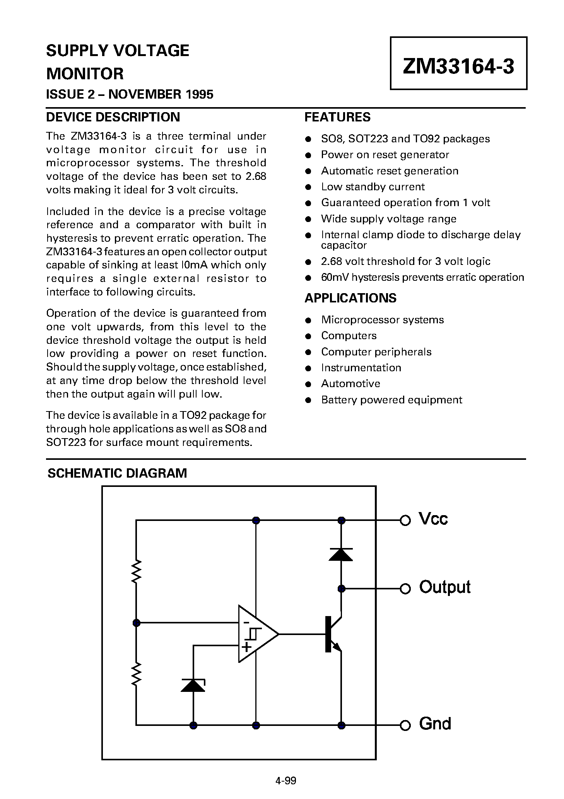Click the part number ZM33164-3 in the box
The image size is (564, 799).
(458, 66)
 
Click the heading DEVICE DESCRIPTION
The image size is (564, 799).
(113, 117)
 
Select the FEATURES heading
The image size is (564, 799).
(337, 117)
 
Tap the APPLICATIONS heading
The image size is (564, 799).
(350, 298)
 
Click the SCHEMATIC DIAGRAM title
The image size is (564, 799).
(117, 473)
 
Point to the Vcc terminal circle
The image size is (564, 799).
(405, 521)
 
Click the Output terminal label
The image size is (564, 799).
(445, 587)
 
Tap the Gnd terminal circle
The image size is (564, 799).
(405, 726)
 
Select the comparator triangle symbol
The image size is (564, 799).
(256, 634)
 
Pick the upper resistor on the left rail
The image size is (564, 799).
(136, 571)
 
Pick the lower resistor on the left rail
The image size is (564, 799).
(136, 674)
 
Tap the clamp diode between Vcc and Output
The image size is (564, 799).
(341, 555)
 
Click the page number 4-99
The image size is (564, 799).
(285, 781)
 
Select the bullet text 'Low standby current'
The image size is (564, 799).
(373, 187)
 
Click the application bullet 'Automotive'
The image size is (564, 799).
(350, 384)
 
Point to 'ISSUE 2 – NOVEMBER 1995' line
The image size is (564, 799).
(130, 94)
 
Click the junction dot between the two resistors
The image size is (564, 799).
(136, 623)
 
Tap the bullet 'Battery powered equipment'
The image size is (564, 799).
(391, 400)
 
